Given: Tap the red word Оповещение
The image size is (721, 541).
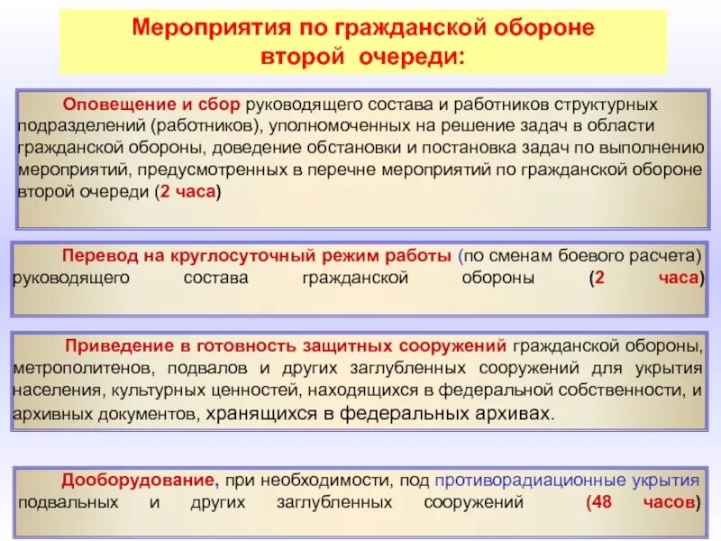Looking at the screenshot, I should pos(108,105).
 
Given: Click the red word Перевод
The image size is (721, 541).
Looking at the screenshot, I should pos(96,256).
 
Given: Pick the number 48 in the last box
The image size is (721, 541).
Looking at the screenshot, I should pos(603,501).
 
